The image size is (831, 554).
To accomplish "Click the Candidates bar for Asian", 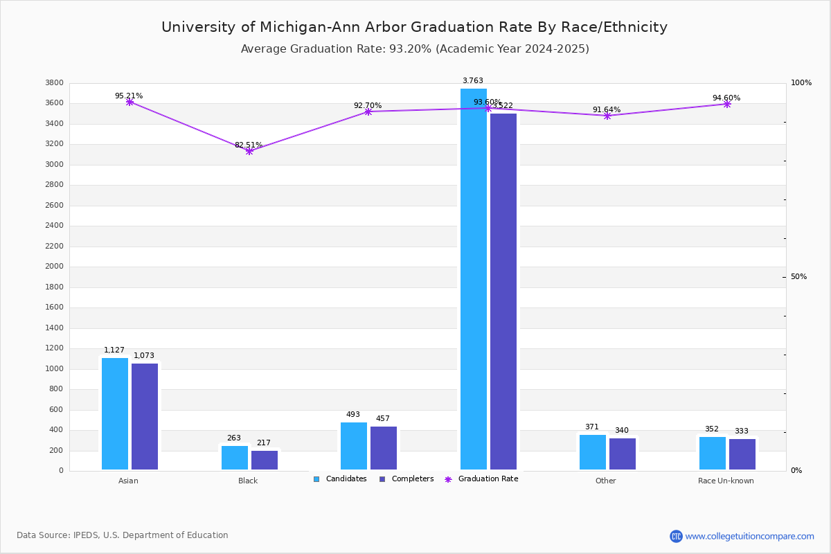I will tap(115, 413).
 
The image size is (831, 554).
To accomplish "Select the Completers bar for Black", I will tap(265, 460).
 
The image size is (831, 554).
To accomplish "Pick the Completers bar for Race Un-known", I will tap(742, 454).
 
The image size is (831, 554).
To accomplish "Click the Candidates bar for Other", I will tap(593, 452).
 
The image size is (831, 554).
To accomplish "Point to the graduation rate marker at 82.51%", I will tap(249, 151).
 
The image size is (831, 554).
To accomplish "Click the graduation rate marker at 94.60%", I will tap(727, 104).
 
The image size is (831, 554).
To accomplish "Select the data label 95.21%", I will tap(129, 96).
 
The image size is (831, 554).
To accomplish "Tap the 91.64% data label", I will tap(607, 109).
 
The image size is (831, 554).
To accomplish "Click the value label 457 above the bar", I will tap(383, 418).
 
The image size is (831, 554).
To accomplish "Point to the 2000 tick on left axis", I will tap(55, 267).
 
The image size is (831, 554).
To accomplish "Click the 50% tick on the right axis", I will tap(798, 277).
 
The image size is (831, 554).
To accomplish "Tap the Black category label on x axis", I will tap(248, 481).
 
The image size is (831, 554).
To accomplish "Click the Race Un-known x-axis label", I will tap(726, 481).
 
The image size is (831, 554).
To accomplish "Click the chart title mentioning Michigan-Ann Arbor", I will tap(414, 27).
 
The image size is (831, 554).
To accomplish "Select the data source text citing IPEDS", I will tap(123, 535).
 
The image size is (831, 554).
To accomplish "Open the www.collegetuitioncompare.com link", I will tap(749, 536).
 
